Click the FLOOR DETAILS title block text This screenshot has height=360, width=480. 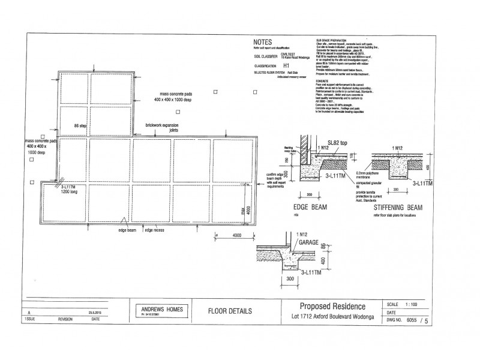click(x=229, y=312)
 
